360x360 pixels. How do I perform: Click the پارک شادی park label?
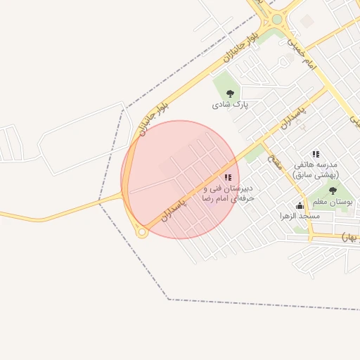pos(231,105)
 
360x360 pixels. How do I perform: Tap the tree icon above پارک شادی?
pos(231,93)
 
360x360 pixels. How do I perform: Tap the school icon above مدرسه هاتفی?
pos(316,153)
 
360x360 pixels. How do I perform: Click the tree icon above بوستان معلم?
pos(333,191)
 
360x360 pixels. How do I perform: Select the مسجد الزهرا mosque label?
pos(300,216)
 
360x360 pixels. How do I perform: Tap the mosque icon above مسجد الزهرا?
pos(300,205)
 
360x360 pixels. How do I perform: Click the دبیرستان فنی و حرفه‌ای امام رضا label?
pos(227,193)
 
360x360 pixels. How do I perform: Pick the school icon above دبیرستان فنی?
pos(226,177)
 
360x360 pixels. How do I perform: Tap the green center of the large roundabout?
pos(277,19)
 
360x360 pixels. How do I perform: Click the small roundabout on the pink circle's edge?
pos(141,233)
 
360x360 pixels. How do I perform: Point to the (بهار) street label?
pos(349,237)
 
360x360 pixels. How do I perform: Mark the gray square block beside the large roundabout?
pos(307,22)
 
